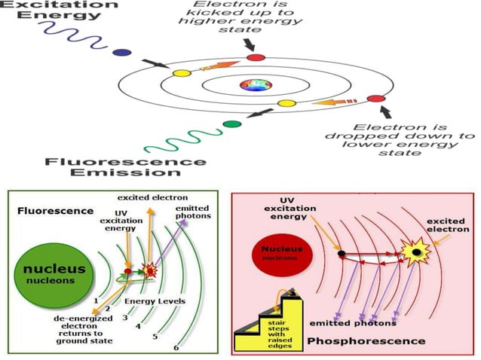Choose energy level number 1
[95, 301]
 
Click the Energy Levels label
[155, 301]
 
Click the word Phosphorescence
[360, 341]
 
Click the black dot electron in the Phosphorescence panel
[341, 254]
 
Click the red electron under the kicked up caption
[256, 56]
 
